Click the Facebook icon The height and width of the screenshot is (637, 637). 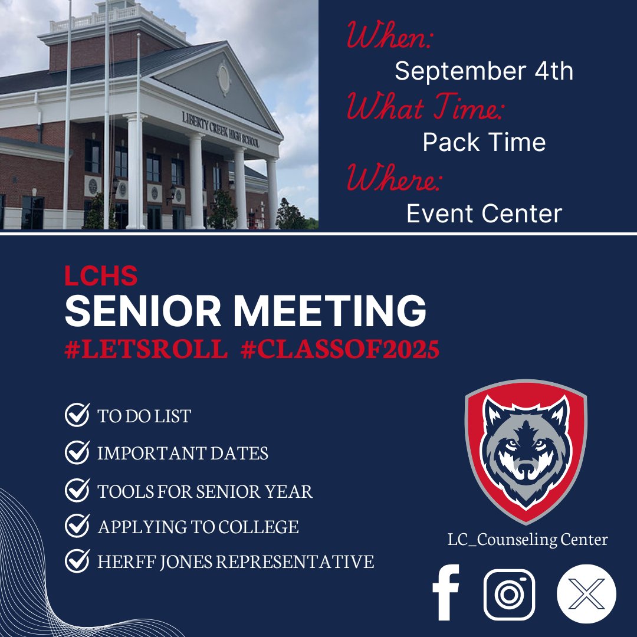click(446, 593)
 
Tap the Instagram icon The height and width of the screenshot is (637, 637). click(509, 594)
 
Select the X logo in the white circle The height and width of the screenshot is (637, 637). click(586, 593)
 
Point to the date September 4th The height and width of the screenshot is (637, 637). click(484, 71)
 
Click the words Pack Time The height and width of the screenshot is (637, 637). click(484, 142)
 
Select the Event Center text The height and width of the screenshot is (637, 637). click(484, 214)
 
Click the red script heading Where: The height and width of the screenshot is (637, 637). click(393, 179)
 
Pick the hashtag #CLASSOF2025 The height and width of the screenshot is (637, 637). click(340, 350)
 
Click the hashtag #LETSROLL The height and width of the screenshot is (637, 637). click(146, 350)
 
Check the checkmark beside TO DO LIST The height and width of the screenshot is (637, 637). click(77, 415)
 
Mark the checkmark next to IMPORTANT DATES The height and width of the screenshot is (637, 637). click(77, 453)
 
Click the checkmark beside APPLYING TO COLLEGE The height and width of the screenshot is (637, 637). click(77, 526)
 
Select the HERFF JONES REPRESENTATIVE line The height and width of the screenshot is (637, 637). click(235, 562)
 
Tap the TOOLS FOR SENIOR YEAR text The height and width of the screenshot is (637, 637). click(205, 491)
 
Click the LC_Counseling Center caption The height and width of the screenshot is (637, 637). click(527, 539)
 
